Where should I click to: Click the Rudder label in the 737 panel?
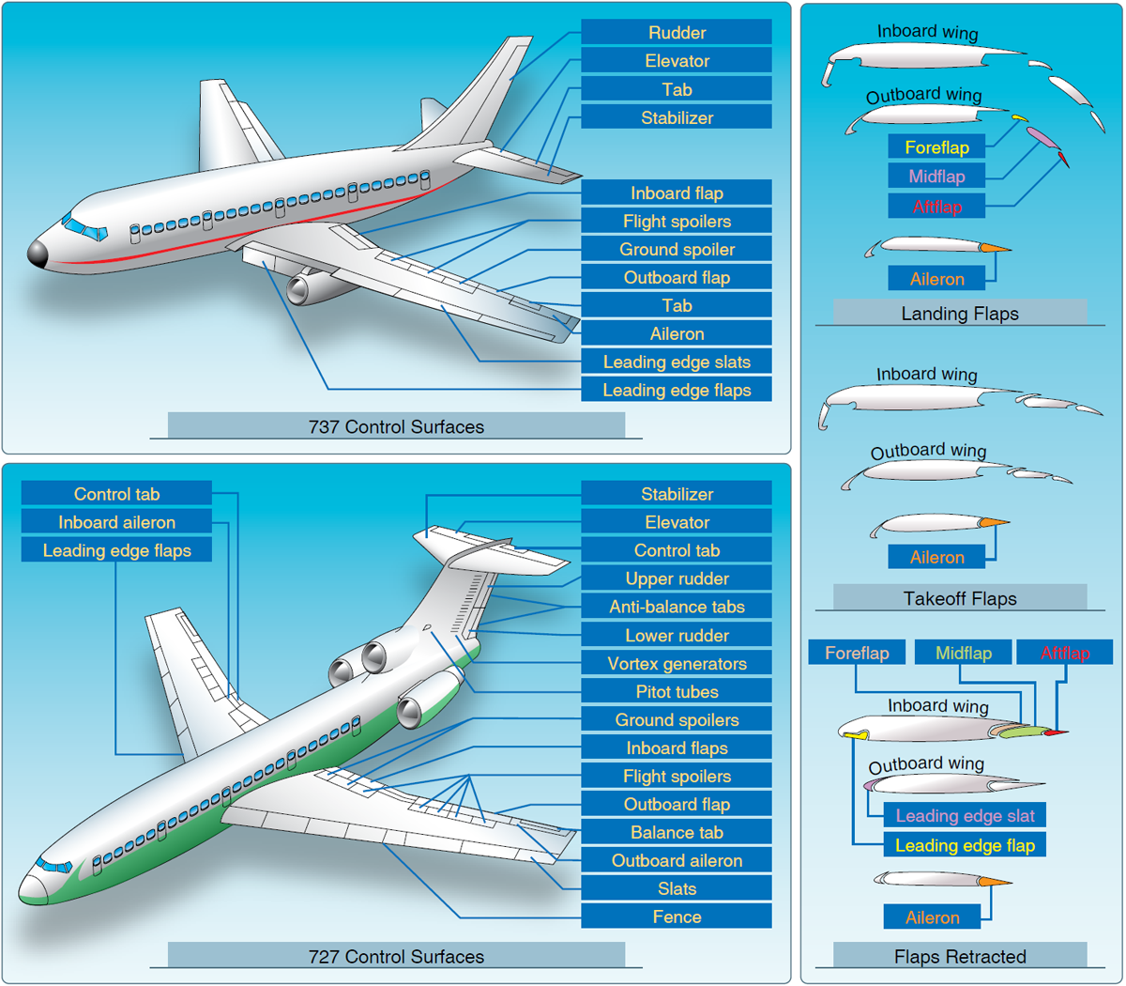[x=677, y=33]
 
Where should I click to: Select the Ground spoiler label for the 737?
[x=677, y=250]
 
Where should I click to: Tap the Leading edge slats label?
[x=677, y=362]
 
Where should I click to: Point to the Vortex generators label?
[x=677, y=664]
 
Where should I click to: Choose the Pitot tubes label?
[x=677, y=692]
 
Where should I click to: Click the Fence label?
[x=677, y=917]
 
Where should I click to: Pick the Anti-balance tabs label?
[x=677, y=608]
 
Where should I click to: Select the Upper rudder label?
[x=677, y=579]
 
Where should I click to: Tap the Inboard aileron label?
[x=116, y=523]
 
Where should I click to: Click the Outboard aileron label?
[x=677, y=861]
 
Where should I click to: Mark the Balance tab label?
[x=677, y=833]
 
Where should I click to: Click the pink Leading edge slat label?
[x=965, y=816]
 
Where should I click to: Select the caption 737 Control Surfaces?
[x=396, y=427]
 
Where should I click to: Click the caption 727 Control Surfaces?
[x=396, y=957]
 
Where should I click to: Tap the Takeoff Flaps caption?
[x=960, y=599]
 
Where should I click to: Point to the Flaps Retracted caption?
[x=960, y=957]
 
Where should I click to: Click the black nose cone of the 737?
[x=38, y=254]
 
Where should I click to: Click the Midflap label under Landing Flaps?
[x=936, y=177]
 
